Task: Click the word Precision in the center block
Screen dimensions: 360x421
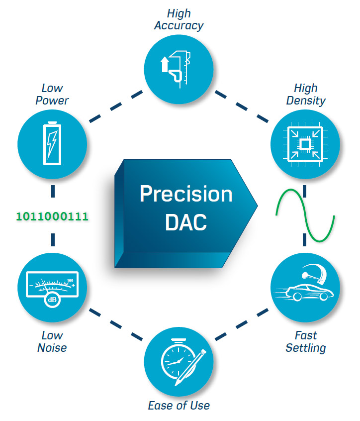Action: (x=186, y=194)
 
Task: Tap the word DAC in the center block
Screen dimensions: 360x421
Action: (x=186, y=222)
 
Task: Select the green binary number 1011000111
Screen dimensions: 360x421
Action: (x=52, y=216)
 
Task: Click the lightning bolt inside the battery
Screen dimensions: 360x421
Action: (x=52, y=144)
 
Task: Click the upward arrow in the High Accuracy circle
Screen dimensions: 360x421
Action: (x=165, y=64)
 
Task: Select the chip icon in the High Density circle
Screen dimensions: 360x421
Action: (x=305, y=144)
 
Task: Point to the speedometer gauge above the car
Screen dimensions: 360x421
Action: (x=314, y=273)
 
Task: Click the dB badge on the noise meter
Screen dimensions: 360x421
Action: (x=52, y=300)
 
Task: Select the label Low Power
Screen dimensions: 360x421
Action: (x=52, y=94)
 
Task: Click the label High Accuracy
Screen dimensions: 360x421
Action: (x=179, y=19)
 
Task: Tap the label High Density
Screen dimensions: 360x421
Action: (x=306, y=94)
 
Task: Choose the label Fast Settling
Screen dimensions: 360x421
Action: (x=306, y=341)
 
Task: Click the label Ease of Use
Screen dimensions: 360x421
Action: (x=179, y=405)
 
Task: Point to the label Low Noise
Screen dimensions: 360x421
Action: (x=52, y=341)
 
